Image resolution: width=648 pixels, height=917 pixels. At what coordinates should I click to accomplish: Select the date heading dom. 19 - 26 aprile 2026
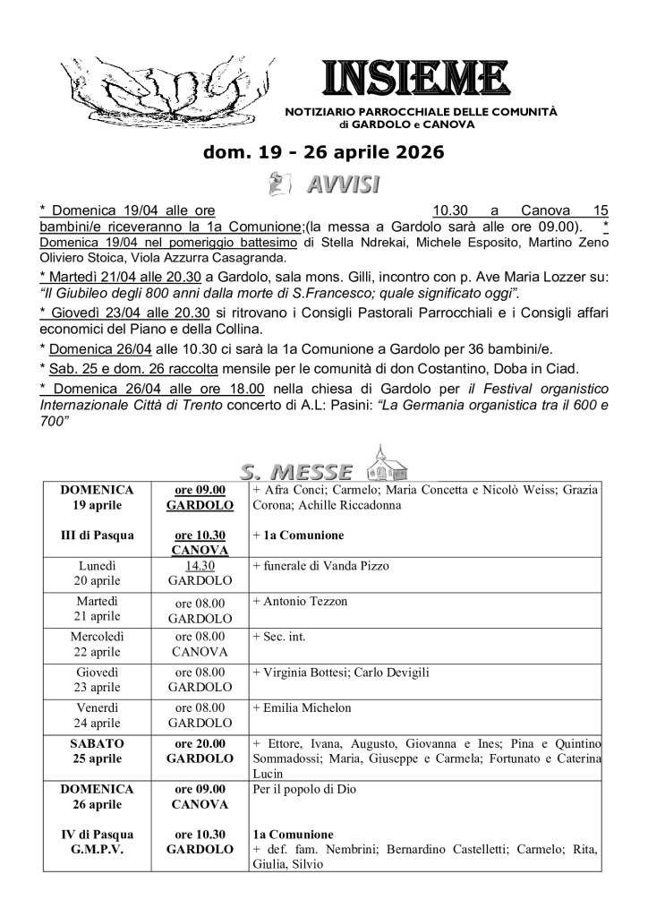(324, 153)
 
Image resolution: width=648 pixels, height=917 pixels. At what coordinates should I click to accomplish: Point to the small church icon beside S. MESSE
(388, 462)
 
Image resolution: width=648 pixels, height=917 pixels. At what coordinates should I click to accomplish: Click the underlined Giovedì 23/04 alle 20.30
(124, 313)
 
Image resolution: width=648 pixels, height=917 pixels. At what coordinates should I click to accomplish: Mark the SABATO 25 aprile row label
(100, 750)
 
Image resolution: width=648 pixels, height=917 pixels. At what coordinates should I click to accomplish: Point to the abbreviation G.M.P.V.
(100, 849)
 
